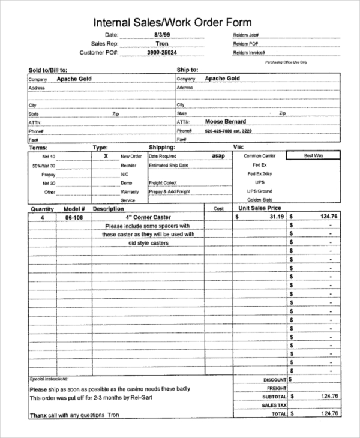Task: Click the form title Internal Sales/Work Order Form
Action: click(x=180, y=22)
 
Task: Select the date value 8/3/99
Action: click(x=162, y=35)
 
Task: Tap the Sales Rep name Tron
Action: click(x=162, y=44)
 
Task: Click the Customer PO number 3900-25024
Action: click(x=162, y=53)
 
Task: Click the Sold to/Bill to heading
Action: click(x=48, y=70)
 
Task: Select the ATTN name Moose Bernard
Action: click(x=226, y=121)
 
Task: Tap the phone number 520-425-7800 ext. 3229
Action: click(x=228, y=131)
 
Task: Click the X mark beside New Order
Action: click(x=106, y=155)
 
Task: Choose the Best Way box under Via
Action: click(x=313, y=155)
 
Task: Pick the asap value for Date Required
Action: click(x=218, y=155)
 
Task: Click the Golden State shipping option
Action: click(x=260, y=200)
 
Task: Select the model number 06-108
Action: click(x=74, y=217)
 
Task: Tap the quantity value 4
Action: click(x=42, y=217)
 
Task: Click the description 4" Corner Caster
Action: click(x=148, y=217)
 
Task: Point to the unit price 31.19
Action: click(x=276, y=217)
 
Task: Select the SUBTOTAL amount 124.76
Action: click(x=329, y=396)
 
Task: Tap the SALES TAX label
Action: click(x=274, y=405)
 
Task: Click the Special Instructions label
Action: click(x=49, y=379)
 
